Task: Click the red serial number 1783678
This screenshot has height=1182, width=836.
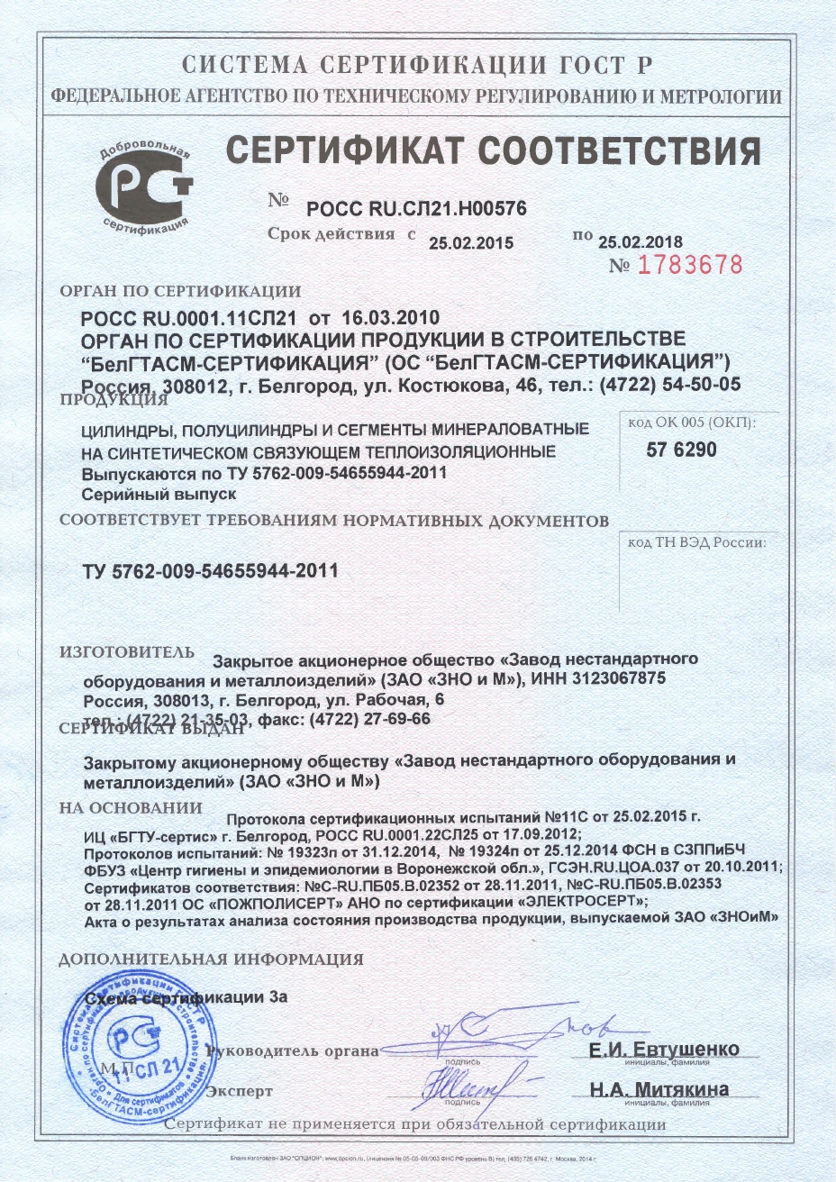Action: [x=689, y=265]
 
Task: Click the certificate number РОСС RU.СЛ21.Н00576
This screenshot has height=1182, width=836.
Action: [x=417, y=209]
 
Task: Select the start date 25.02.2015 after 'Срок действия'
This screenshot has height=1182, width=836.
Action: [x=470, y=242]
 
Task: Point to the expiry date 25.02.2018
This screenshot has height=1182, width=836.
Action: [x=641, y=241]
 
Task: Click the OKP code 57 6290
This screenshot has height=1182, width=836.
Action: [x=682, y=450]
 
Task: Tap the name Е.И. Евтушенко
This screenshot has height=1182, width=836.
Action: [x=664, y=1050]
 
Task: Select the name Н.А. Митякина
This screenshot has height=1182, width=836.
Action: [x=659, y=1089]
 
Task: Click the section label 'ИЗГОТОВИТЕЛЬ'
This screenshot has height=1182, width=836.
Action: [x=126, y=652]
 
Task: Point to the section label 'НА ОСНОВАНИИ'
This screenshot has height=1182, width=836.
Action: [x=131, y=808]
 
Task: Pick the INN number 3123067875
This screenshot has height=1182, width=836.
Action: [x=621, y=677]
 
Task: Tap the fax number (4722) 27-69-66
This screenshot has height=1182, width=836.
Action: [x=369, y=718]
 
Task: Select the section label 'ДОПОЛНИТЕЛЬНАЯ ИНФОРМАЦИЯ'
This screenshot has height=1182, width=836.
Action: [x=211, y=959]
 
